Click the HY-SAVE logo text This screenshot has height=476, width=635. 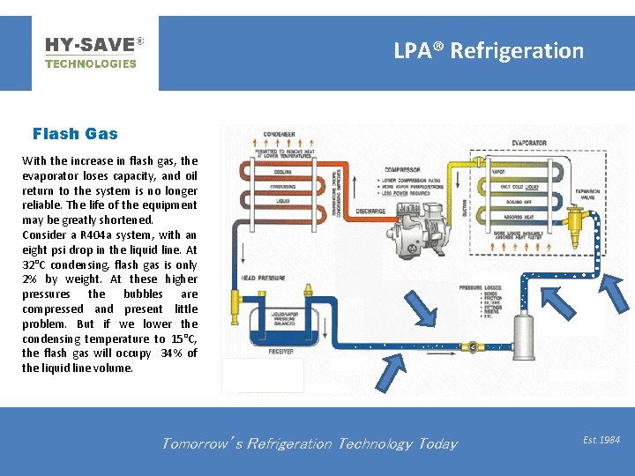pyautogui.click(x=90, y=44)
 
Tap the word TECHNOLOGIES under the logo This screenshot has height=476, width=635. pyautogui.click(x=90, y=63)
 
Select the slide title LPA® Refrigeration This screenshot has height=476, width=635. pyautogui.click(x=489, y=50)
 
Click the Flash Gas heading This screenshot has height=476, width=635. pyautogui.click(x=75, y=134)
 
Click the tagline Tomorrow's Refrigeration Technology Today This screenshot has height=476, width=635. pyautogui.click(x=309, y=443)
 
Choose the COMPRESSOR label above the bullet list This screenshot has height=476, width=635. pyautogui.click(x=401, y=169)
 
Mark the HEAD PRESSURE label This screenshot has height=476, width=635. pyautogui.click(x=263, y=279)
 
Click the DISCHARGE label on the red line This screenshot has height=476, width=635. pyautogui.click(x=371, y=212)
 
